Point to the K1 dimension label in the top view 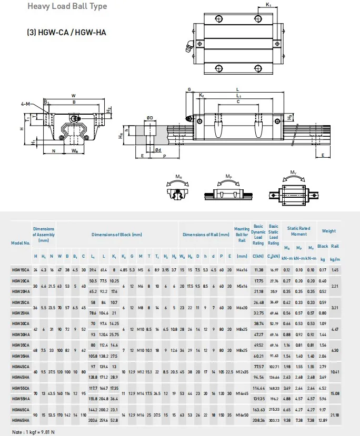pos(268,5)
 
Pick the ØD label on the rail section pos(149,118)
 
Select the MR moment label pos(179,177)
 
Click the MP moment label pos(229,177)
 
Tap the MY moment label pos(293,172)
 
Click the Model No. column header pos(20,242)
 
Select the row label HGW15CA pos(21,270)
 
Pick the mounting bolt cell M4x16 pos(242,270)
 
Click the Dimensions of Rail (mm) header pos(206,235)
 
